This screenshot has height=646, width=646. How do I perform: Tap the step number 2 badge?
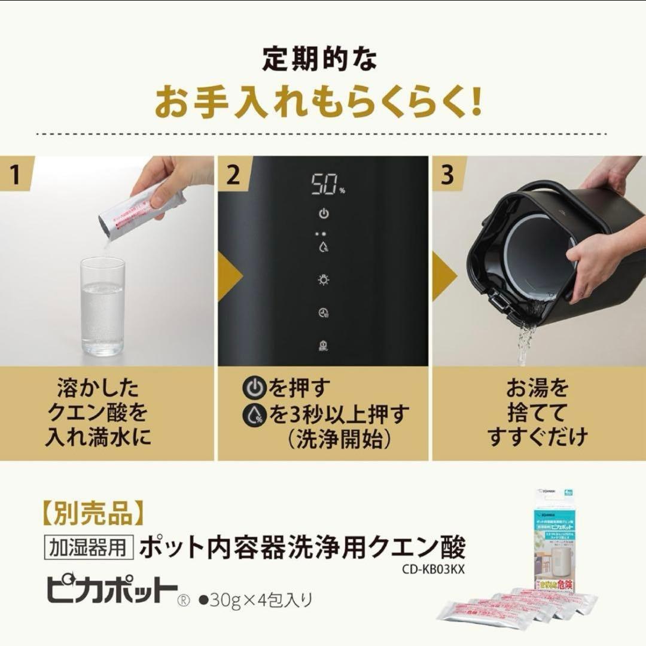tap(234, 175)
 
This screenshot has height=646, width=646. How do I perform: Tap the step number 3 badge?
tap(448, 175)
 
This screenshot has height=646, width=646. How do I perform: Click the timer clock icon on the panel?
tap(323, 312)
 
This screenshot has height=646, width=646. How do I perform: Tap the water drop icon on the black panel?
tap(323, 247)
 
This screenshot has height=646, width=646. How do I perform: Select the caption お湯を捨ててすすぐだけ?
tap(537, 413)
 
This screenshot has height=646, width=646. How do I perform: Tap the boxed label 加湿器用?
tap(87, 547)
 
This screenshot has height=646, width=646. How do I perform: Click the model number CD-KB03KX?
tap(434, 569)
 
